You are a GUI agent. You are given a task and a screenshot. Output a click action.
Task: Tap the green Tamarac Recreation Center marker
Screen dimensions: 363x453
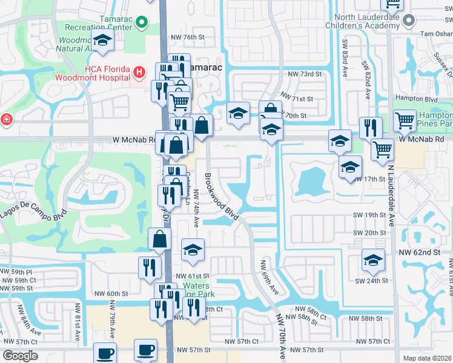[x=142, y=23]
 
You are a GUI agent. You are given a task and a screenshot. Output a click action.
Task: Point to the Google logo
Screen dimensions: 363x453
[x=20, y=355]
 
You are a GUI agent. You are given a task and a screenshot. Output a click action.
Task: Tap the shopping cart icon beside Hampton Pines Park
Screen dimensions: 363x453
[x=405, y=120]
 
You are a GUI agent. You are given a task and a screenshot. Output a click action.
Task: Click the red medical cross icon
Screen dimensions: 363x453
[x=6, y=120]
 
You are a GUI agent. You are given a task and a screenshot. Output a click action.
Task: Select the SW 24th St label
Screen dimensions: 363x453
[x=371, y=281]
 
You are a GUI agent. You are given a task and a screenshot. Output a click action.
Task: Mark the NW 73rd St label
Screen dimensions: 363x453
[x=304, y=74]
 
